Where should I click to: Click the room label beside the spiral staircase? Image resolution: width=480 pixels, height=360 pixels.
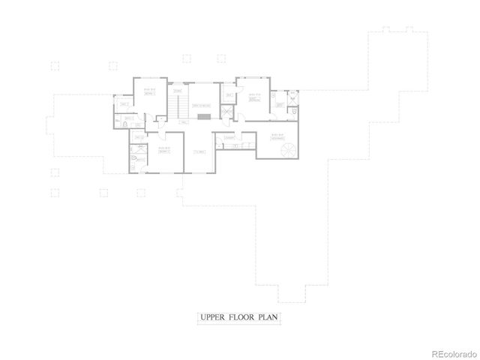point(277,136)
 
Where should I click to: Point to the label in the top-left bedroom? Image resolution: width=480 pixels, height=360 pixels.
point(149,94)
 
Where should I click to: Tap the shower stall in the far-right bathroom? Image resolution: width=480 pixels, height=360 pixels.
point(292,97)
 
